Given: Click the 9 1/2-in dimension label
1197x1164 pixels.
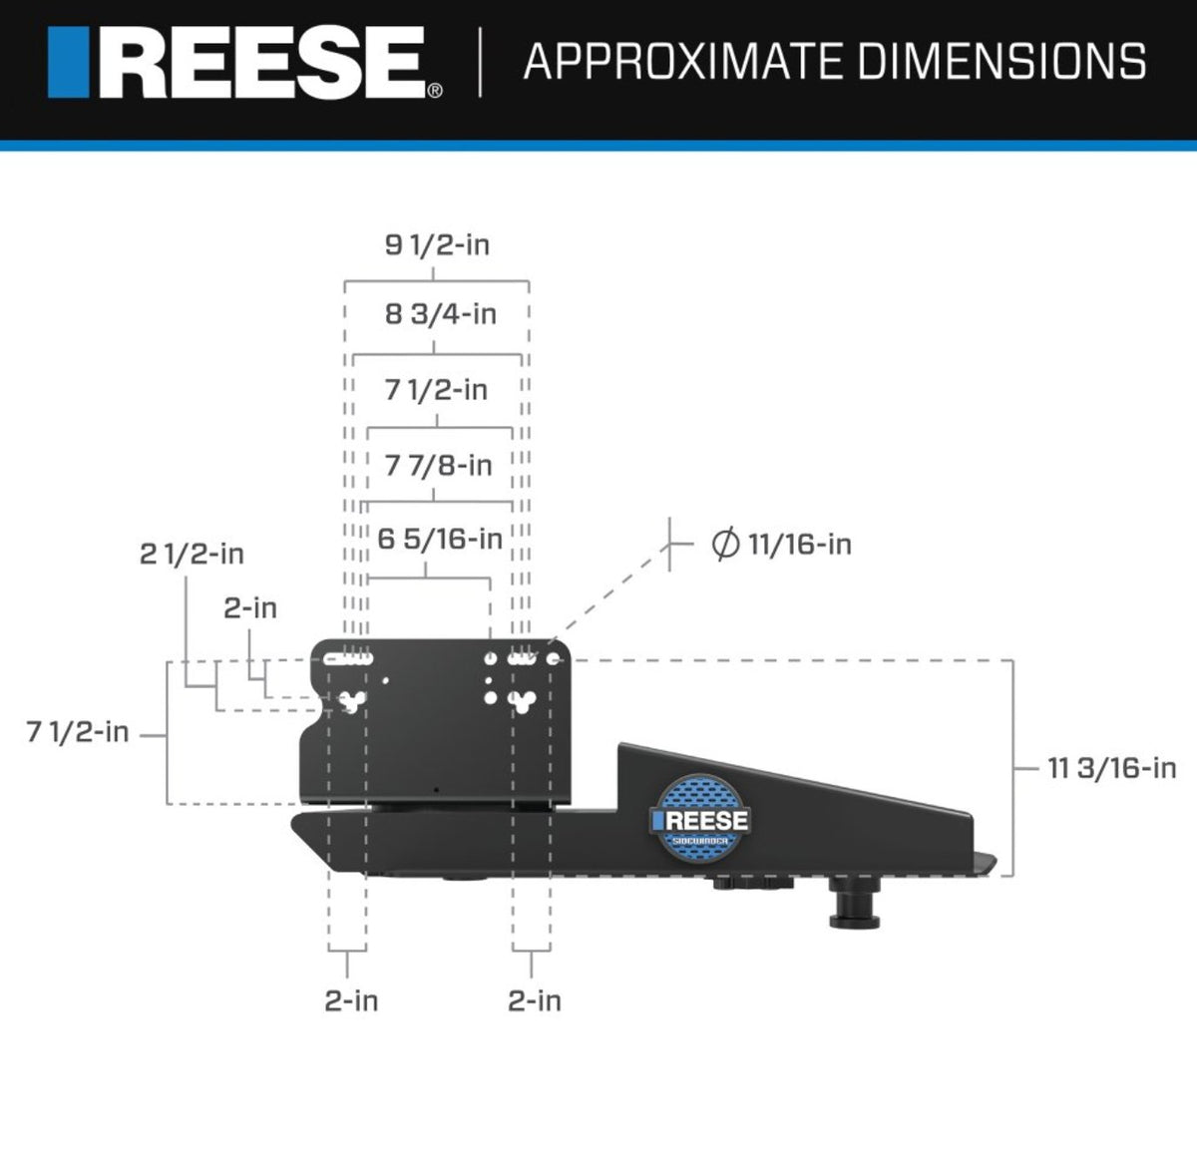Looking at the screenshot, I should (x=437, y=245).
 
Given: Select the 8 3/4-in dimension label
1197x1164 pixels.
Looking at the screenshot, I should (x=440, y=314).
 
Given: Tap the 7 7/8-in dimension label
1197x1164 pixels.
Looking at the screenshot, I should (x=438, y=465).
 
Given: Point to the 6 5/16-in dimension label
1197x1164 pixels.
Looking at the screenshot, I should (x=439, y=540).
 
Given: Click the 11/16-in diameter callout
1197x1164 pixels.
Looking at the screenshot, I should (x=781, y=545).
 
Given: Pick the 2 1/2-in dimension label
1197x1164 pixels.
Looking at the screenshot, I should (x=192, y=555).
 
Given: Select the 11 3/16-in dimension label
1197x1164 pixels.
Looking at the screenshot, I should (x=1111, y=768).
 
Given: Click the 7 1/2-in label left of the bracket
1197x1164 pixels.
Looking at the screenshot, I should (x=78, y=733).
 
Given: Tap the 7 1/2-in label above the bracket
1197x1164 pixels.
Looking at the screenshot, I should (x=436, y=390).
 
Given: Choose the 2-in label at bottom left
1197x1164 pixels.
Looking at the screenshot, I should (x=351, y=1000).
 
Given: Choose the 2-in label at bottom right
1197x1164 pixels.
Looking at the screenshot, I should (x=535, y=1000).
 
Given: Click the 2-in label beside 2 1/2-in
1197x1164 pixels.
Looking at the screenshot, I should (x=250, y=607).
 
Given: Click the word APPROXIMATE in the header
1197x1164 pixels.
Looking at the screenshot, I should (x=682, y=62).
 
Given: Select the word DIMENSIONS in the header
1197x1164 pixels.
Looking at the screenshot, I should (x=1001, y=62).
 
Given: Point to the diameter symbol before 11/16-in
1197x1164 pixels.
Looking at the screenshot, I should (x=725, y=545).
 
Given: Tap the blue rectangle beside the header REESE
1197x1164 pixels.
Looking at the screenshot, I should (x=70, y=64).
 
